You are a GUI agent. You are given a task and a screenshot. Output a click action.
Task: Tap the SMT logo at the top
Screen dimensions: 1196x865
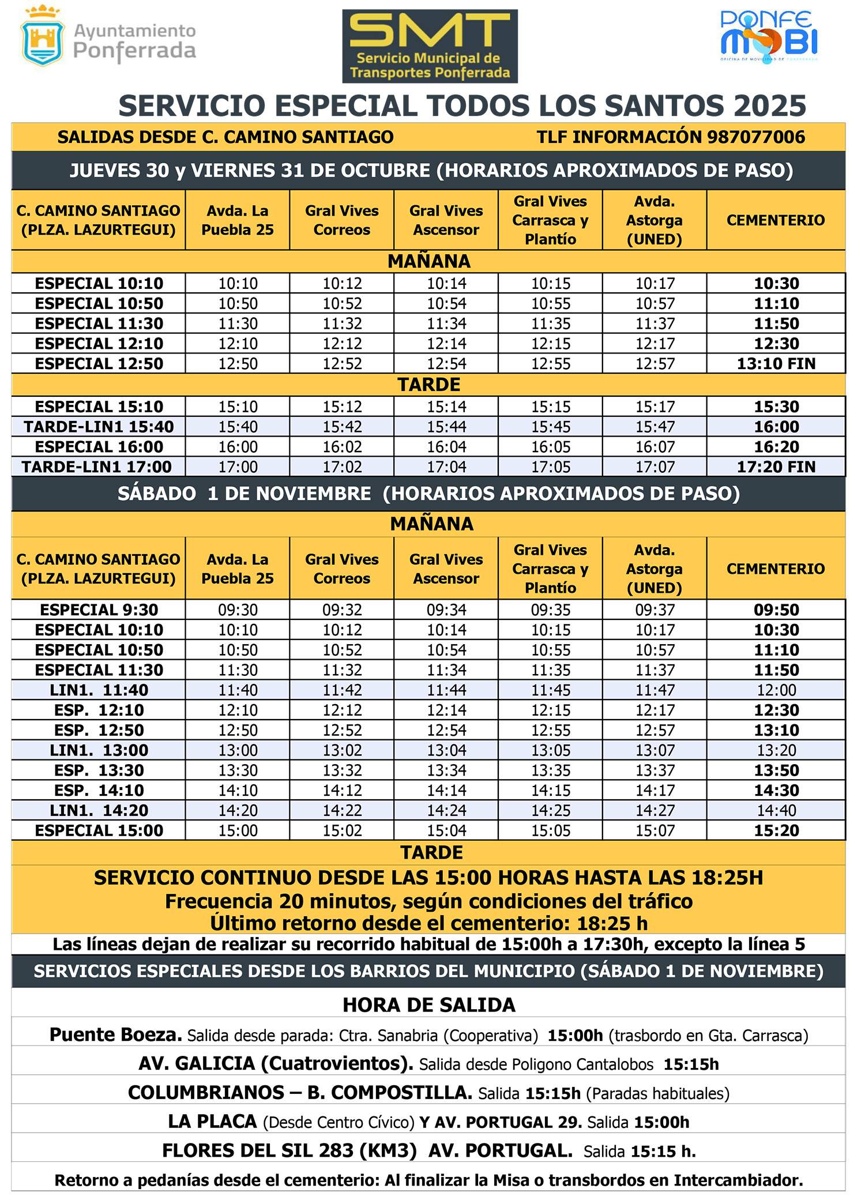coord(430,46)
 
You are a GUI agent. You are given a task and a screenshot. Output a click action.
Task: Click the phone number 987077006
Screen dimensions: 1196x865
coord(755,137)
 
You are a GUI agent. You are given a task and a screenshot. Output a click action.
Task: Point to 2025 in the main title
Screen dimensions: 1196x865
coord(770,106)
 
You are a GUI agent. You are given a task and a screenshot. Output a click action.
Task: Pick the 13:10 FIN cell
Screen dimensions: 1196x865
coord(776,364)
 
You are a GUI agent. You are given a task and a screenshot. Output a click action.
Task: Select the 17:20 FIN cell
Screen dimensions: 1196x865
coord(776,467)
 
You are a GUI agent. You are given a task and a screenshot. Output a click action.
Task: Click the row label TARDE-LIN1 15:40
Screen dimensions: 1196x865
coord(99,427)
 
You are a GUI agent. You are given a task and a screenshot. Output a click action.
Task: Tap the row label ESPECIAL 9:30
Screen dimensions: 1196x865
coord(99,610)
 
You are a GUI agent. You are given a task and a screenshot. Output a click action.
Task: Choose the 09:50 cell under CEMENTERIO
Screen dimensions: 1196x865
coord(776,610)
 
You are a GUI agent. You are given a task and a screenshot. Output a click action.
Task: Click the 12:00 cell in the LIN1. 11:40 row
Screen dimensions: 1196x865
coord(776,690)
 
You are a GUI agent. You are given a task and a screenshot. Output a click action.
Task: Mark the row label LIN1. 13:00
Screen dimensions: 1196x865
coord(99,750)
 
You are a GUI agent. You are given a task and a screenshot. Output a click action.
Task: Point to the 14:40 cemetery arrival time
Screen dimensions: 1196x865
coord(776,810)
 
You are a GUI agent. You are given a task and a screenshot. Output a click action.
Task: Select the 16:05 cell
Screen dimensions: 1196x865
coord(550,447)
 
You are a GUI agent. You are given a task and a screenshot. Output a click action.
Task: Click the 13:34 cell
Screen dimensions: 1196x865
coord(446,770)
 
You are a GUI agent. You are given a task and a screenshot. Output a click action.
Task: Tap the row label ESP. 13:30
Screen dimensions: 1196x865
coord(99,770)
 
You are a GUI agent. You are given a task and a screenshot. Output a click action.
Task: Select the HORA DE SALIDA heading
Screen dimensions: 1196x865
coord(429,1005)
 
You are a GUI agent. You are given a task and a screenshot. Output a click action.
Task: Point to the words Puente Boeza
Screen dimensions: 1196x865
coord(115,1035)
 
